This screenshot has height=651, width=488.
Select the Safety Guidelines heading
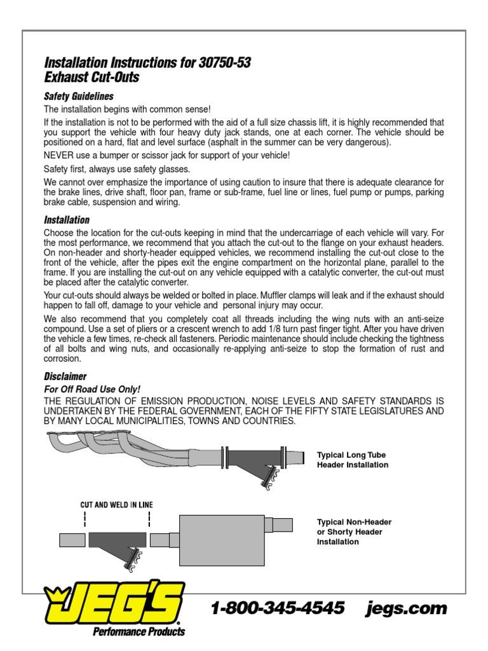[78, 97]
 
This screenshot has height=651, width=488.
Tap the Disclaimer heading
[65, 376]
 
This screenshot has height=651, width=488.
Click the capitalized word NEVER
[59, 156]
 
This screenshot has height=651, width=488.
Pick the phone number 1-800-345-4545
[277, 608]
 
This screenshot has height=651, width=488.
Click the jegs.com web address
[407, 608]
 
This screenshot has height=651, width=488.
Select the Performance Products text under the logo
[139, 632]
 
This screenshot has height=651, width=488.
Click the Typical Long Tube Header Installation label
[352, 460]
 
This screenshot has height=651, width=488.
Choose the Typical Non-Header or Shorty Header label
[354, 531]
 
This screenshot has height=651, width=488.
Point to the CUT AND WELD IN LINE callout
[116, 505]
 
